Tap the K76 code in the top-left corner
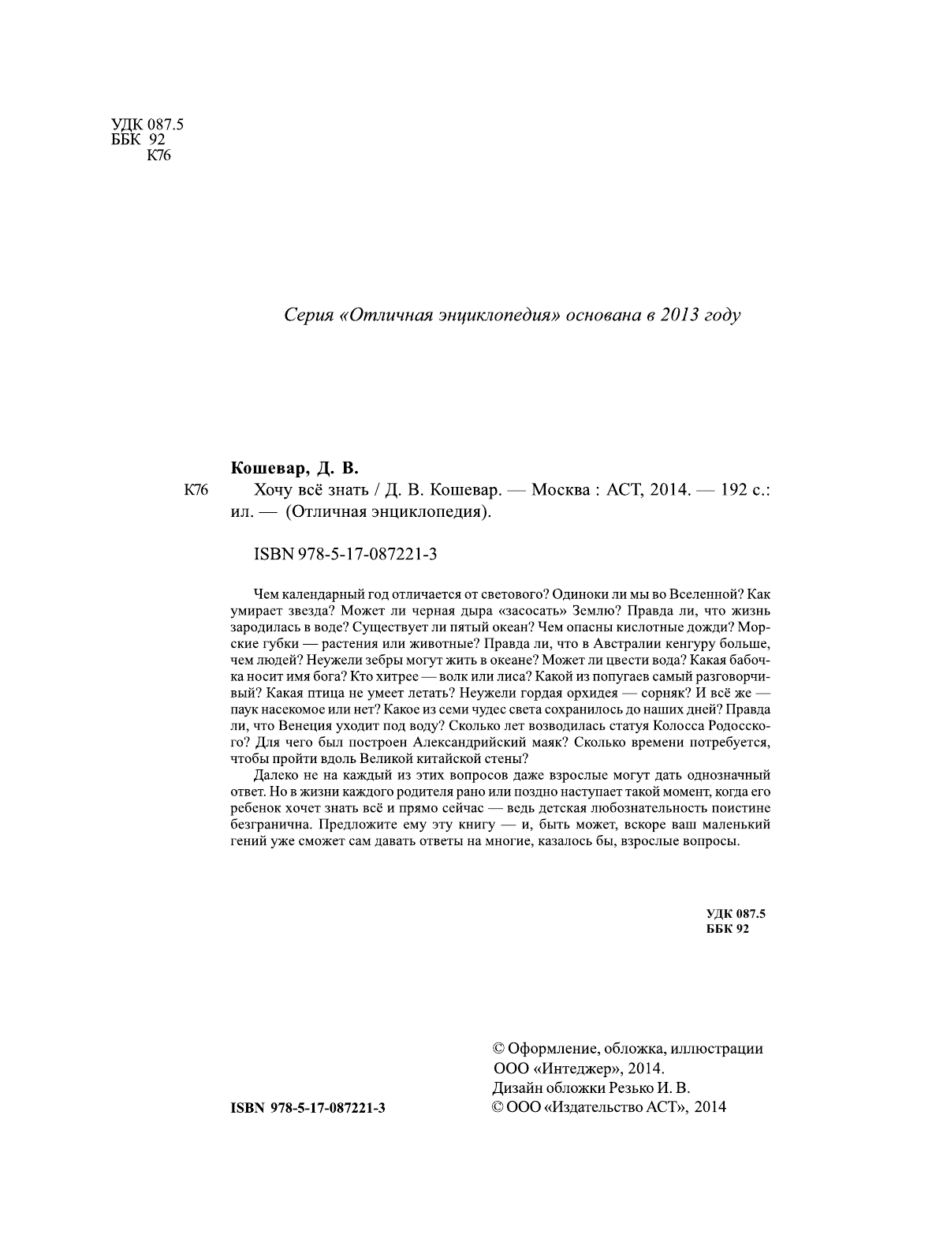click(158, 155)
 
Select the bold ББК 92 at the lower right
click(726, 929)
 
